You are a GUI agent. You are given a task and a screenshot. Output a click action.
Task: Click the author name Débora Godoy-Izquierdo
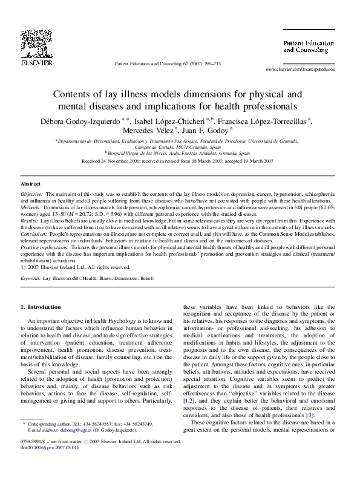(x=85, y=119)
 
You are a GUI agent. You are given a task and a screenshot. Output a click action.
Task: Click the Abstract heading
(x=31, y=183)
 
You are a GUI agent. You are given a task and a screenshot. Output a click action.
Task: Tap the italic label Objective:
(x=32, y=194)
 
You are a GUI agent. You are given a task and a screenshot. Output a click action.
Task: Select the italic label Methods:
(x=31, y=207)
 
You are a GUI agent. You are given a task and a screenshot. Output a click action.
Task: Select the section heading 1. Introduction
(x=41, y=307)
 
